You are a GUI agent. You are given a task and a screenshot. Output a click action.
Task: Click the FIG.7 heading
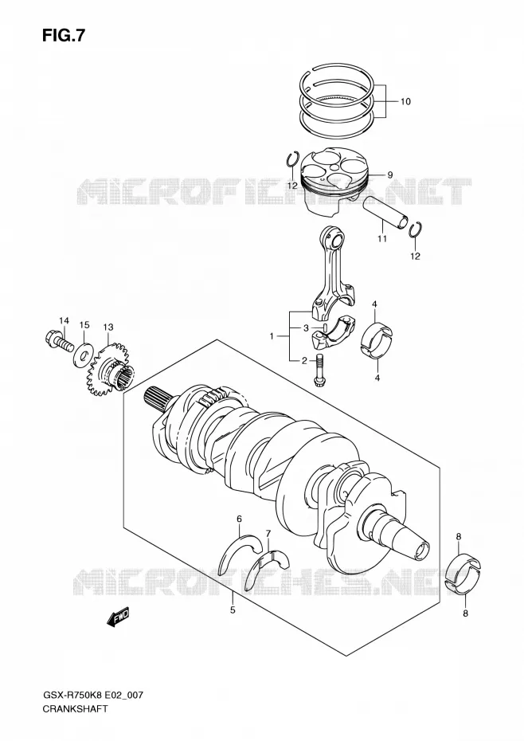pos(64,35)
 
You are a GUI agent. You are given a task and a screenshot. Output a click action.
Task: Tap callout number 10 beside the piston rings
pos(405,102)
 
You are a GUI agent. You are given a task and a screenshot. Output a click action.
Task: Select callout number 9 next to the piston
pos(390,174)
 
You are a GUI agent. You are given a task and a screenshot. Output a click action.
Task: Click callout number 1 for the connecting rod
pos(272,336)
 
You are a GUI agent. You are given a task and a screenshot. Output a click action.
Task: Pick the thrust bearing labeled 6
pos(241,555)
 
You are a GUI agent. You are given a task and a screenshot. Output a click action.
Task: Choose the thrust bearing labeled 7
pos(271,562)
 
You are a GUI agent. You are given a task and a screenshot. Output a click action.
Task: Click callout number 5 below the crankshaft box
pos(233,610)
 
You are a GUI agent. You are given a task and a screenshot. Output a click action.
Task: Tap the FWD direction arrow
pos(118,617)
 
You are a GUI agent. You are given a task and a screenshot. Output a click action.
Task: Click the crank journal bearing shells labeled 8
pos(463,574)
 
